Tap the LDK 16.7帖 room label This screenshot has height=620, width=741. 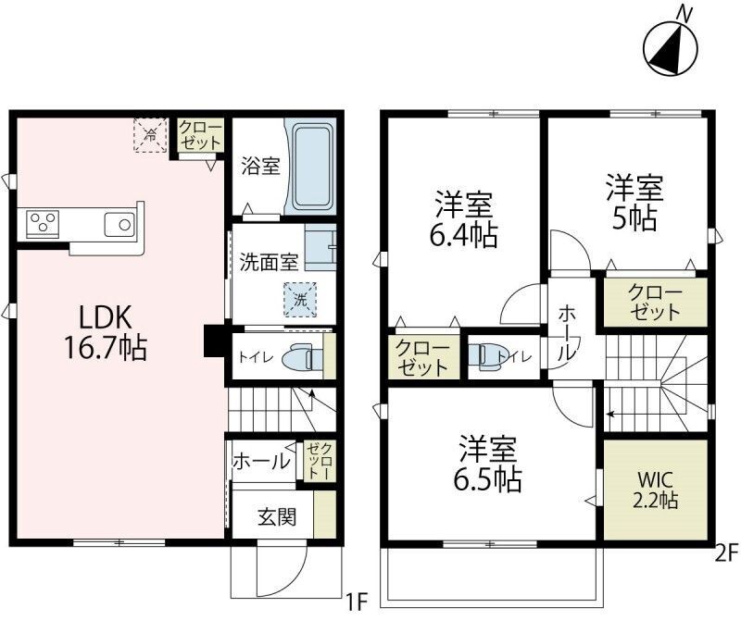(x=105, y=333)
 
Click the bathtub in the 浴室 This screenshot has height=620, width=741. (x=310, y=167)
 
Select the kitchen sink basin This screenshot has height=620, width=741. (x=119, y=224)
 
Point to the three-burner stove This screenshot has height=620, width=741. (x=43, y=222)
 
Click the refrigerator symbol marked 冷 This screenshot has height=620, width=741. (x=150, y=135)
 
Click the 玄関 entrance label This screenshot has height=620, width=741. (x=277, y=516)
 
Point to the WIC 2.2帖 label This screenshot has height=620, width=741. (x=656, y=490)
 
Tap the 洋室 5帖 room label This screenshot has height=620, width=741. (x=634, y=203)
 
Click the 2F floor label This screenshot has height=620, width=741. (x=726, y=553)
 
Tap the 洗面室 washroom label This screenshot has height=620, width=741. (x=270, y=262)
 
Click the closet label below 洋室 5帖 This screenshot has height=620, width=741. (x=655, y=303)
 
